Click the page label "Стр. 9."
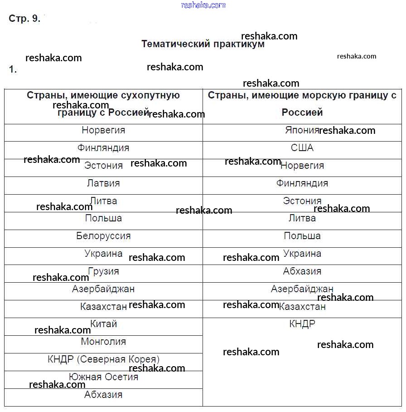pos(24,19)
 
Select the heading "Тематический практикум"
pos(203,44)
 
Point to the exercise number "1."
pos(13,69)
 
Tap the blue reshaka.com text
pos(203,5)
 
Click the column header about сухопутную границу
pos(103,104)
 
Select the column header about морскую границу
pos(302,103)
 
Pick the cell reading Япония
pos(302,130)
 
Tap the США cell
pos(302,148)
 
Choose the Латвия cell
pos(103,183)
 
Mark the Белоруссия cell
pos(103,236)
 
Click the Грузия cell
pos(103,271)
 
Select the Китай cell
pos(103,324)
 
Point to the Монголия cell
pos(103,342)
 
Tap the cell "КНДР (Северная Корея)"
pos(103,359)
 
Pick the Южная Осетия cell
pos(103,377)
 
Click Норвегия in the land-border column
pos(103,130)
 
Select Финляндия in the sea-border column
pos(302,183)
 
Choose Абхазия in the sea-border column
pos(302,271)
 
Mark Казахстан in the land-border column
pos(103,307)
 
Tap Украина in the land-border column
pos(103,254)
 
